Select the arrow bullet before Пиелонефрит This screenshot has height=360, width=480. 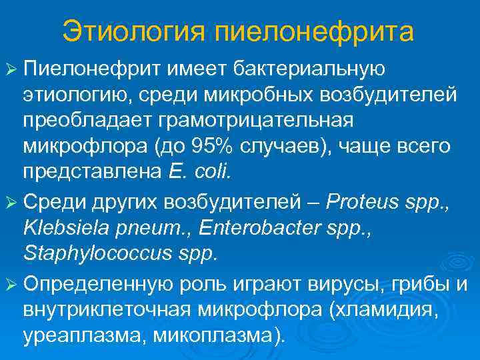[13, 69]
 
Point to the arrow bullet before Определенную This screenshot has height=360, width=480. [13, 286]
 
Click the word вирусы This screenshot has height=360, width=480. [337, 285]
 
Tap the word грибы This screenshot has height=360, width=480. [417, 286]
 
